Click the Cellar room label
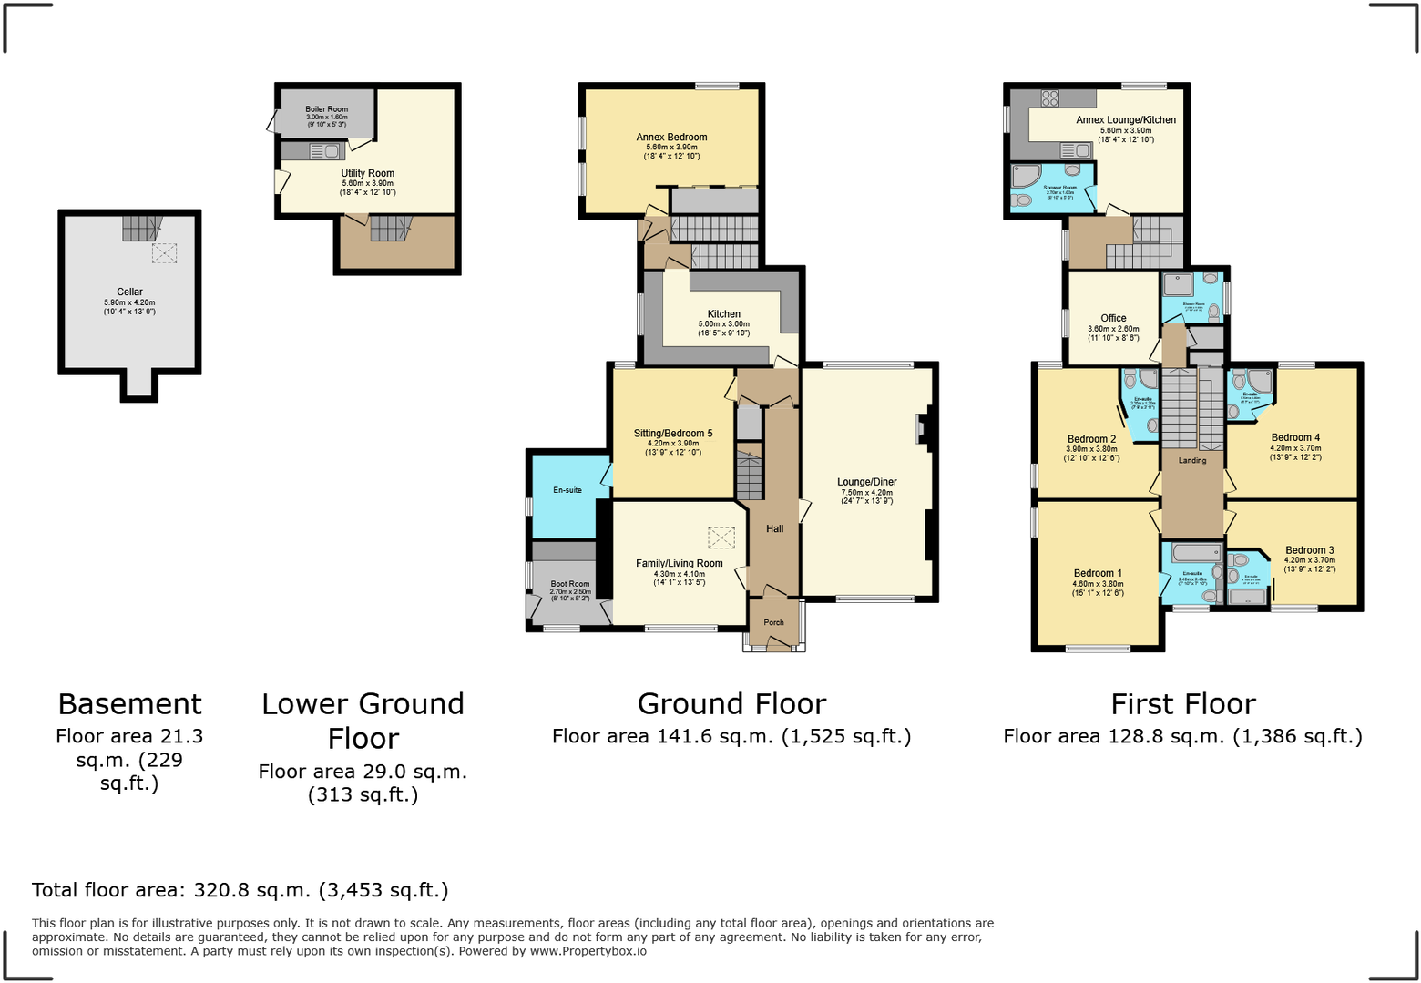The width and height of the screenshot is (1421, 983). (129, 292)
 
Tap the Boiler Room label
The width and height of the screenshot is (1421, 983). (326, 109)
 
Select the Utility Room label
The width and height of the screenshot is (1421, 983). (367, 173)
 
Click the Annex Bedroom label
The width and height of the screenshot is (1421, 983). (671, 138)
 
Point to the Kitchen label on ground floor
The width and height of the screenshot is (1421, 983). (724, 314)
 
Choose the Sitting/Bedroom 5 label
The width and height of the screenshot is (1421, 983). (673, 434)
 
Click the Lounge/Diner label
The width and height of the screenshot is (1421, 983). (867, 482)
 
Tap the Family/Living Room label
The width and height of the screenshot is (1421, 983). (680, 563)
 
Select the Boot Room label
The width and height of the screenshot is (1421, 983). (570, 584)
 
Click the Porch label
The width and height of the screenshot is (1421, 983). (773, 623)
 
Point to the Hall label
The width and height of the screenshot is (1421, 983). (774, 528)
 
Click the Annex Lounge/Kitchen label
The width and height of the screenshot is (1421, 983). (1126, 120)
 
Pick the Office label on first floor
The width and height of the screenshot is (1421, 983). (1113, 318)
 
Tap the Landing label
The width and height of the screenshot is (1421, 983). (1192, 461)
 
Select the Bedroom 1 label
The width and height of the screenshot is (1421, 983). (1098, 573)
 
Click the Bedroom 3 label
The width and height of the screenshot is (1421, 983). (1310, 550)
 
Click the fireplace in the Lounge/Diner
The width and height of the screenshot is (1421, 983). (923, 428)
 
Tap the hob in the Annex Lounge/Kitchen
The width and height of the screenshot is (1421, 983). (1050, 98)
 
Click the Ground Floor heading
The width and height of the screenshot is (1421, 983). (731, 704)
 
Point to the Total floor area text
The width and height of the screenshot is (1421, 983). (240, 890)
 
